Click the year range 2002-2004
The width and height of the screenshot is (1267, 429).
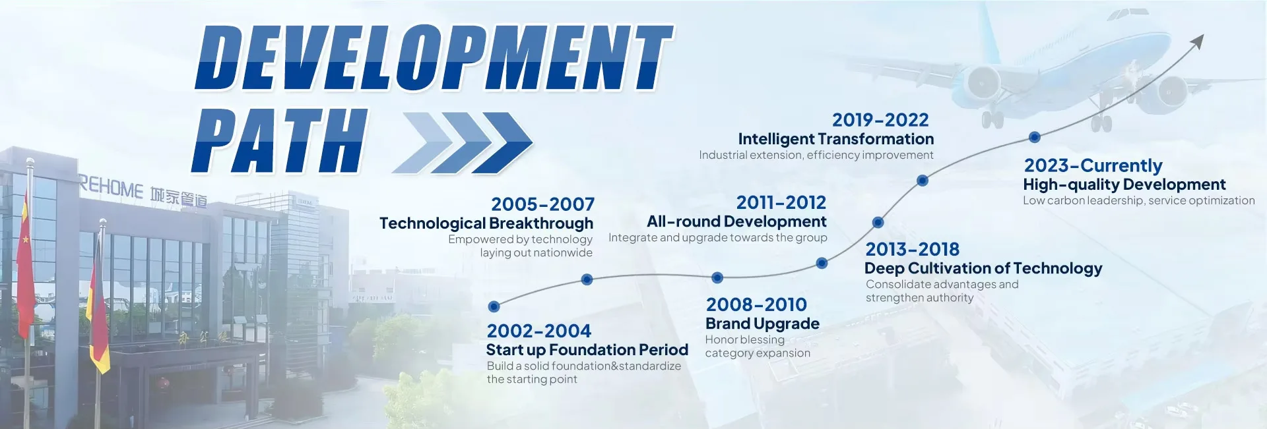[x=538, y=331]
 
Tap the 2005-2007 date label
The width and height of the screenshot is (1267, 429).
[x=542, y=204]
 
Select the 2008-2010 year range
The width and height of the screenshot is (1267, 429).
[x=756, y=304]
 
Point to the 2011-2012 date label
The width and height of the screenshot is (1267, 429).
[x=781, y=202]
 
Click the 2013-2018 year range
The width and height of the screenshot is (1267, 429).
[x=913, y=249]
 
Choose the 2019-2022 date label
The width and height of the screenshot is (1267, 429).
[x=880, y=120]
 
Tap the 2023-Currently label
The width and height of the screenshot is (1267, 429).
[x=1093, y=166]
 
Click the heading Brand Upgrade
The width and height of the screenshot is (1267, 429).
[x=762, y=324]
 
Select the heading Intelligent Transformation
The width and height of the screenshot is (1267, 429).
[x=836, y=139]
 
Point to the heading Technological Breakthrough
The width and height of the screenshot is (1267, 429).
[x=486, y=223]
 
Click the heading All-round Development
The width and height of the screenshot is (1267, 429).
[x=736, y=221]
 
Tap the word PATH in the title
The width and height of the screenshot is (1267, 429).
[x=279, y=140]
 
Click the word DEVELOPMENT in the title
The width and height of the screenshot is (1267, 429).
[x=434, y=58]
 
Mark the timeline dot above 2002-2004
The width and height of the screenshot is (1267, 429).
[x=494, y=306]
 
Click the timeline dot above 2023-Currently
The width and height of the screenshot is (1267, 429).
[x=1035, y=137]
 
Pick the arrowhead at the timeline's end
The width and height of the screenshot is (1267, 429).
[x=1198, y=42]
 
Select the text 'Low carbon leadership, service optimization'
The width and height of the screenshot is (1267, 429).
[x=1139, y=201]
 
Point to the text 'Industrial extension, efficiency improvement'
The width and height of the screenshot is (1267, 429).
[x=816, y=156]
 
